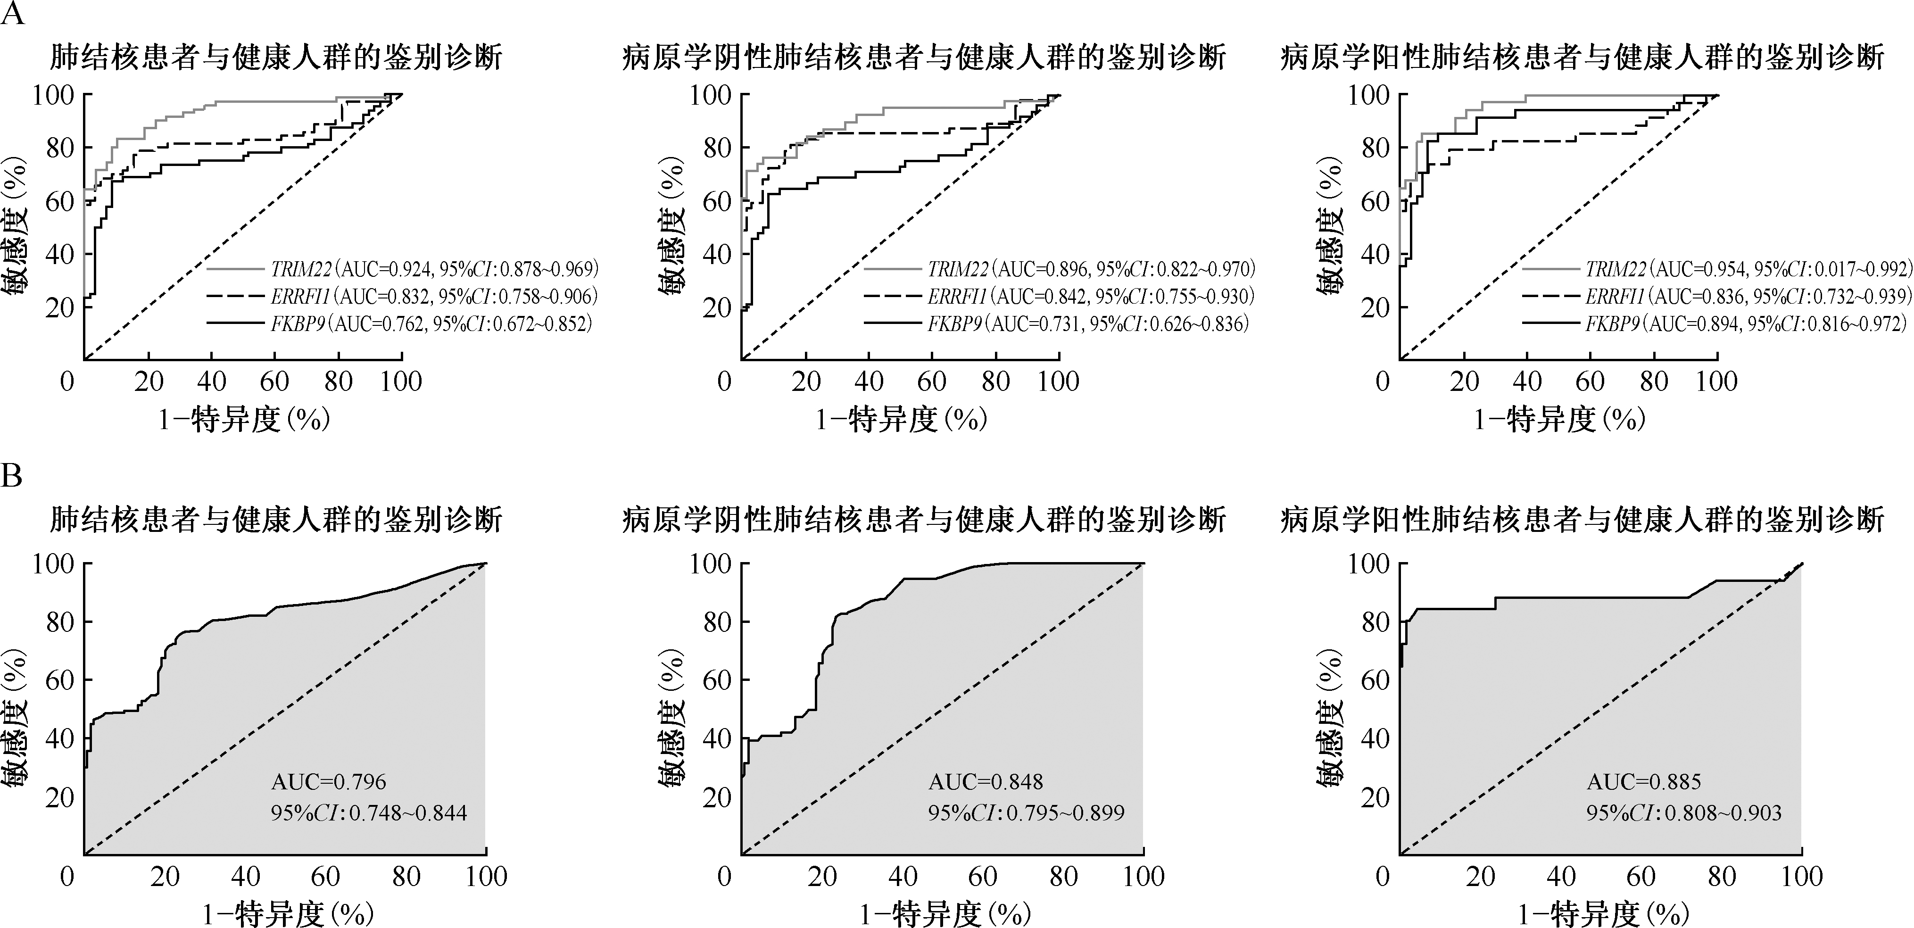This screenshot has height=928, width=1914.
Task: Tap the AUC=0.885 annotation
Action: pos(1643,782)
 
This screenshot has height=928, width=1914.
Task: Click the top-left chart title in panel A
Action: pos(276,58)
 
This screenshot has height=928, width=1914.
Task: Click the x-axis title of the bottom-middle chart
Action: pos(945,912)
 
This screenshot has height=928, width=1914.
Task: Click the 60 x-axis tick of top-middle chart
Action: pos(932,382)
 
